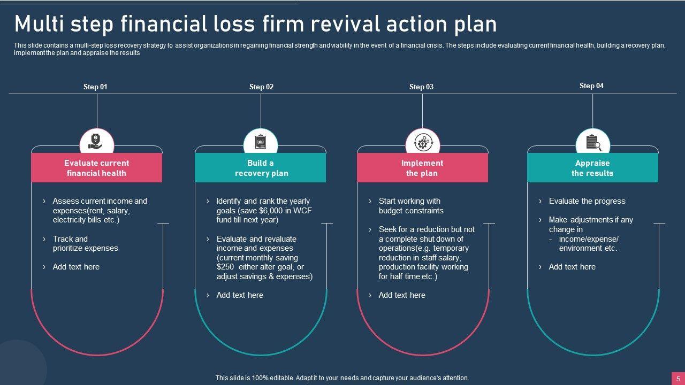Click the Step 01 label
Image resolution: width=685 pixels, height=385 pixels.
tap(95, 87)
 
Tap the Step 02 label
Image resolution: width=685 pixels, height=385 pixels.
tap(261, 87)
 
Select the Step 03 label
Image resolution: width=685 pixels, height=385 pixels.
tap(421, 87)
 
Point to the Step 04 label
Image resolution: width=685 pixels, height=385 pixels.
tap(591, 86)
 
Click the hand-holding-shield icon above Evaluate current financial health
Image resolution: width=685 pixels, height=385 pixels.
tap(97, 142)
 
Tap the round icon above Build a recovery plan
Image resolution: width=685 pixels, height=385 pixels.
tap(261, 142)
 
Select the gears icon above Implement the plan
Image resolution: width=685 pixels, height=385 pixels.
tap(423, 143)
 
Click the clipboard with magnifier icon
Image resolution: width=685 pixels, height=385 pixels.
tap(593, 143)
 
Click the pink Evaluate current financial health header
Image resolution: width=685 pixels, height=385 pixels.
tap(96, 168)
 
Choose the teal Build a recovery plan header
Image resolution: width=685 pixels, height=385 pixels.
tap(261, 168)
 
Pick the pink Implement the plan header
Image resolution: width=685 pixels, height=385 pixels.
tap(422, 168)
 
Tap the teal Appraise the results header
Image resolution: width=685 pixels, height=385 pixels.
tap(592, 168)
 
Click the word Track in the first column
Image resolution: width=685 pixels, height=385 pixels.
tap(63, 239)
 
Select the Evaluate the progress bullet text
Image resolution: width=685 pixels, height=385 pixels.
tap(587, 201)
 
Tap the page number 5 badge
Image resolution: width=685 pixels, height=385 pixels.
tap(678, 378)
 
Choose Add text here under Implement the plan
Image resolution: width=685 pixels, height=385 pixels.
tap(402, 295)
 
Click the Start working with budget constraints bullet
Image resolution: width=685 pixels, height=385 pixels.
tap(410, 206)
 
